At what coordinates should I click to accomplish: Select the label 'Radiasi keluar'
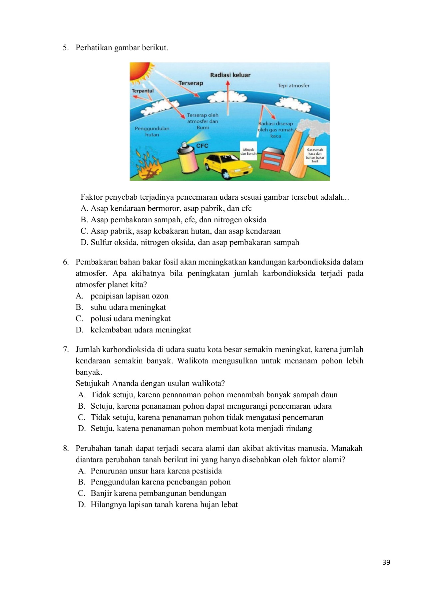230,75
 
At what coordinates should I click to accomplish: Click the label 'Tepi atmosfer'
293,86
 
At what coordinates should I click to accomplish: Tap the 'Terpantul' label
143,91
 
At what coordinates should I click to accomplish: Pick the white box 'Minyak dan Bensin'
248,152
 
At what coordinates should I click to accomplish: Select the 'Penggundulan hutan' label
152,131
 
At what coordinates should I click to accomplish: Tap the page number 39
386,562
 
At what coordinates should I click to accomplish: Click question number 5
66,48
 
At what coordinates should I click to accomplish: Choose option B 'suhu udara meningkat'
128,307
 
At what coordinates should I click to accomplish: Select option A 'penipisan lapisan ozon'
129,296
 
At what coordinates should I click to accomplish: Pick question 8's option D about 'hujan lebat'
164,504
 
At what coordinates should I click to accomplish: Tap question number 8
66,449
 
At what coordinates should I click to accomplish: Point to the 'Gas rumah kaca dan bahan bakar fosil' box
315,155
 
